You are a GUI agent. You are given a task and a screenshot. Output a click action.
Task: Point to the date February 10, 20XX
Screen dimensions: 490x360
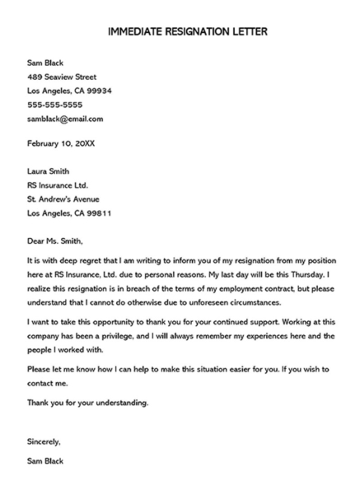(x=61, y=143)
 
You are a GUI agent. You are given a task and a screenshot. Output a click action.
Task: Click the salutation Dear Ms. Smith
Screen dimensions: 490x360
(x=56, y=241)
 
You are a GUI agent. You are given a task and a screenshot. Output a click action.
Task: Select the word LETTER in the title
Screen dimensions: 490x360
(x=243, y=32)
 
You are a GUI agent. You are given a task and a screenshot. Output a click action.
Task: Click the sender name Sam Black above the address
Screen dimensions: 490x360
(x=45, y=63)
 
